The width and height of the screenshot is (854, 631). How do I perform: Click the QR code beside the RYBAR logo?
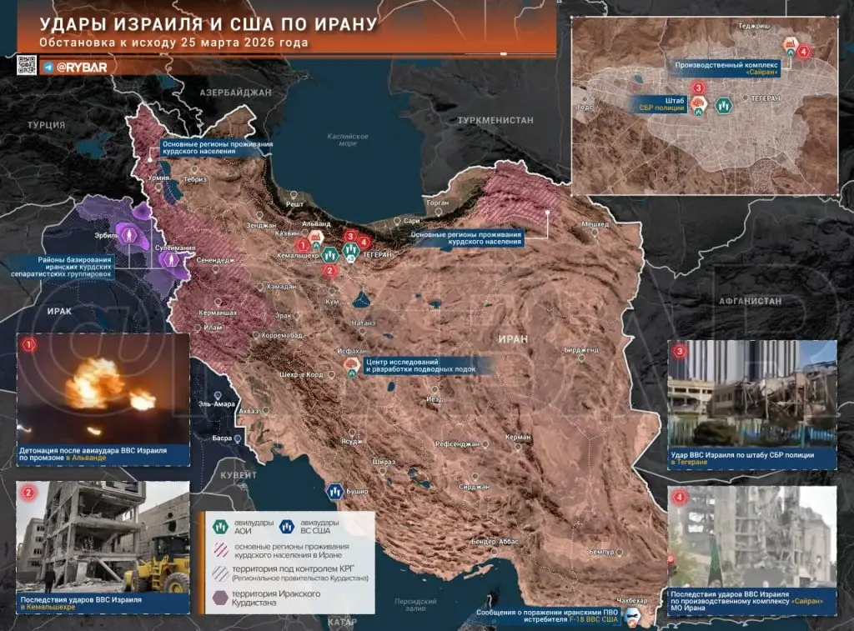pos(27,65)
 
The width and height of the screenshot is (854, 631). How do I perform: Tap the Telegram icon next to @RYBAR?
pos(50,66)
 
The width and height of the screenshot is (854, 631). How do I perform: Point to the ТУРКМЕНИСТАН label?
pos(495,121)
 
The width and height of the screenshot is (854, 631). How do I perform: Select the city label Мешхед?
pos(595,224)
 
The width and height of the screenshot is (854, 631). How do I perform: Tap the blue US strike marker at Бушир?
pos(335,492)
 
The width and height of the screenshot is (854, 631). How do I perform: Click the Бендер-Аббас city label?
pos(495,542)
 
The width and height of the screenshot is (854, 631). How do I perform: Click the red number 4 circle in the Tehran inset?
pos(803,52)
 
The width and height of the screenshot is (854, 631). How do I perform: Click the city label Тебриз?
pos(196,179)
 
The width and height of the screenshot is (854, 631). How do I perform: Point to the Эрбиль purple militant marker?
pos(129,235)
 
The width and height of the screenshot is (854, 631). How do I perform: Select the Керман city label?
pos(518,437)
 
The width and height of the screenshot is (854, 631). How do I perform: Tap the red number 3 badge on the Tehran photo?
pos(681,351)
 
